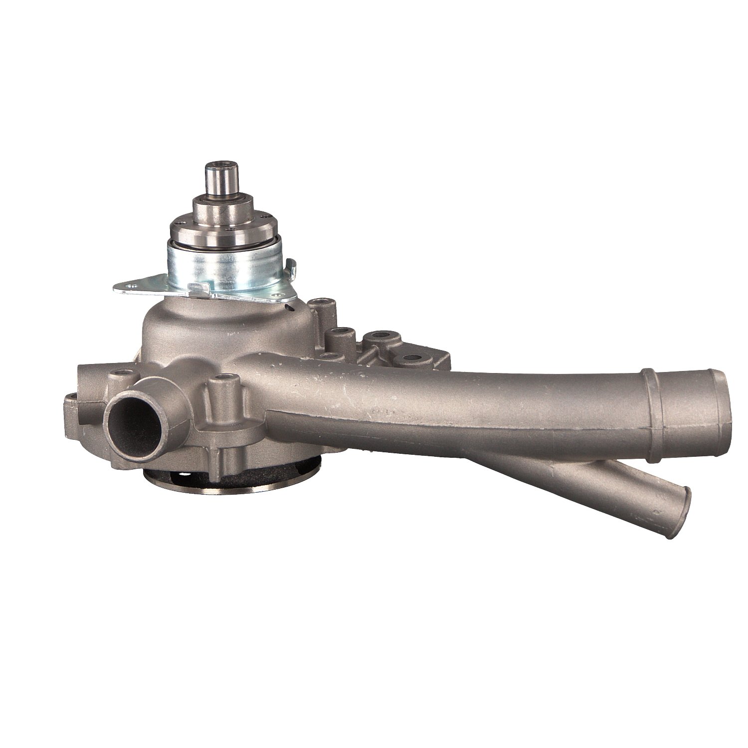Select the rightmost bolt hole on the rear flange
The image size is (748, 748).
[412, 358]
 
